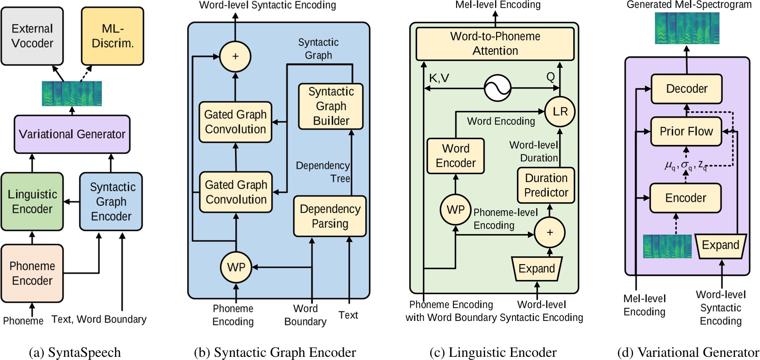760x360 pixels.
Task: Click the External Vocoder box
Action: click(32, 36)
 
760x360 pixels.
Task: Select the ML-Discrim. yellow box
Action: click(112, 36)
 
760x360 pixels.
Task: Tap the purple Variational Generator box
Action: click(72, 134)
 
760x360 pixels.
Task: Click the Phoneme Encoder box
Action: click(32, 273)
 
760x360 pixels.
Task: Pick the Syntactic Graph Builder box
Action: click(331, 106)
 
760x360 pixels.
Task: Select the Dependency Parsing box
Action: click(330, 216)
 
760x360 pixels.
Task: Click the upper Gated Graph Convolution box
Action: click(235, 122)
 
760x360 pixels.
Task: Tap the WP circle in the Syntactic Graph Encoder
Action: click(236, 267)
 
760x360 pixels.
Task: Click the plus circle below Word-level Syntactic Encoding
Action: click(235, 56)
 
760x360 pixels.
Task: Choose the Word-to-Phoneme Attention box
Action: click(495, 44)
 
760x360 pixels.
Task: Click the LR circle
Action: click(560, 111)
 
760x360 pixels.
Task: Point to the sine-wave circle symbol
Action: click(497, 88)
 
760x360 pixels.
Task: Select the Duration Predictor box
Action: click(546, 185)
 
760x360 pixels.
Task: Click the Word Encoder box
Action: click(456, 156)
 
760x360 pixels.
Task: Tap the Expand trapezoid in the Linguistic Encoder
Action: click(536, 269)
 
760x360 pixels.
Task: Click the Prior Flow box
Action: click(686, 131)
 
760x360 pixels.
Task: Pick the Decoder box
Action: click(686, 89)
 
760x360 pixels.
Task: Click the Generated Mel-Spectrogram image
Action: click(687, 28)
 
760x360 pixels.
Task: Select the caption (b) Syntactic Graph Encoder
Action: click(275, 352)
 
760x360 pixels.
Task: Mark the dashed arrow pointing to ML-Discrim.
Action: click(86, 74)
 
